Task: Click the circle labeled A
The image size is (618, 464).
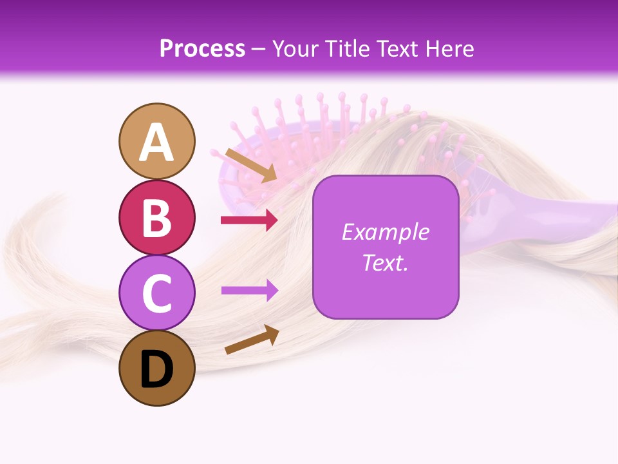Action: [157, 141]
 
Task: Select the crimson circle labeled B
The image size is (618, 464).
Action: [157, 217]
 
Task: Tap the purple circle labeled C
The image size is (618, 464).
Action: [157, 292]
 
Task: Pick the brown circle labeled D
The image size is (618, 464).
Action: [157, 368]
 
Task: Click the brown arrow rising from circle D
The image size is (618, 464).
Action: [252, 340]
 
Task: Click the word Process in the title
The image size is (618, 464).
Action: [202, 48]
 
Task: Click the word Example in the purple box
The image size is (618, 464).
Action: [385, 232]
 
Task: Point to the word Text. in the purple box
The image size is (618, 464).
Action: [385, 262]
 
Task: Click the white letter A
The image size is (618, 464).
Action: [157, 142]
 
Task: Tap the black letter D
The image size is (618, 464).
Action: [157, 369]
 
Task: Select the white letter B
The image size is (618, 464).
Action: [157, 218]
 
